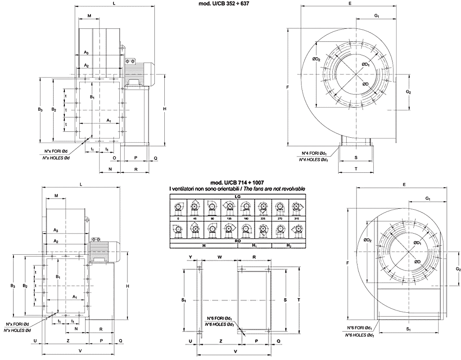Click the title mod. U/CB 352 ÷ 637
pos(221,4)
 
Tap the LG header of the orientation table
pos(237,196)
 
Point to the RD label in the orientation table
pos(237,240)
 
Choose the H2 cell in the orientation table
pos(289,246)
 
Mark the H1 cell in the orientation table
pos(254,246)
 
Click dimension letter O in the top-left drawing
pos(114,158)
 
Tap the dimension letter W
pos(219,257)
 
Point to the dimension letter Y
pos(190,257)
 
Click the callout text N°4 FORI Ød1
pos(315,153)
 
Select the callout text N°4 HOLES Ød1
pos(314,159)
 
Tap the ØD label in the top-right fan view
pos(366,84)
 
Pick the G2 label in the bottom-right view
pos(457,269)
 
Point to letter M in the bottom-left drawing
pos(56,196)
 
